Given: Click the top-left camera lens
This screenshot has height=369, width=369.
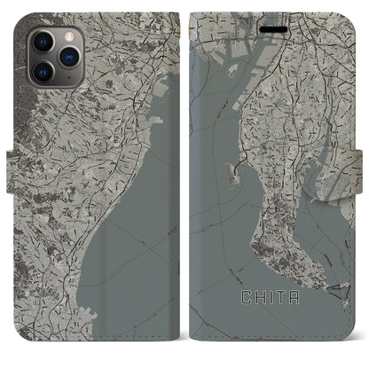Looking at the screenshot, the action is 42,42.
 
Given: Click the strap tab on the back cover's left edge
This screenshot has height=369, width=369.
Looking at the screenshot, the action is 12,163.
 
